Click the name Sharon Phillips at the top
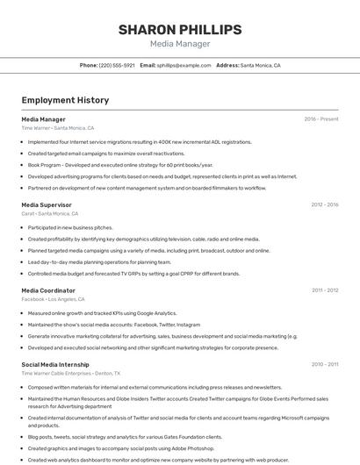tap(180, 30)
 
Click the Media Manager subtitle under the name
tap(180, 44)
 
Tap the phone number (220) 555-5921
tap(117, 65)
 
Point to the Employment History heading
tap(65, 100)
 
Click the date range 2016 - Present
tap(321, 118)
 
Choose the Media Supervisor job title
tap(46, 204)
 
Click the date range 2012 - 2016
tap(324, 204)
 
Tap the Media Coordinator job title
tap(48, 290)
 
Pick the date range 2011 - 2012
tap(324, 290)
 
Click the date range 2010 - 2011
tap(324, 364)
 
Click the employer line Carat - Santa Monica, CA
tap(50, 213)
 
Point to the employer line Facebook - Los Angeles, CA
tap(58, 299)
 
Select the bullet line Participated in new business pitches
tap(70, 227)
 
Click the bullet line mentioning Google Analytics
tap(102, 313)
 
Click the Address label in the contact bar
tap(227, 65)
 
